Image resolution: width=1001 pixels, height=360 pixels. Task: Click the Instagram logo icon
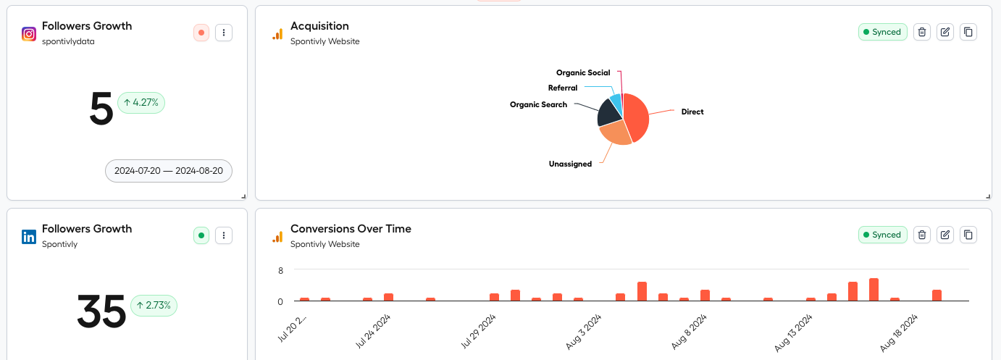coord(29,33)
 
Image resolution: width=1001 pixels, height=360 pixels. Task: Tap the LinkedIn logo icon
coord(29,236)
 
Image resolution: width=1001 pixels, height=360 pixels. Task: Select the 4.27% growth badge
coord(141,103)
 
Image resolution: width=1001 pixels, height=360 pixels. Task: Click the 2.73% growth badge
coord(154,306)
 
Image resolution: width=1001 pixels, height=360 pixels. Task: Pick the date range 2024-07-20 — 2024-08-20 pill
coord(169,171)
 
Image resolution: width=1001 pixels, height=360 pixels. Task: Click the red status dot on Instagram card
coord(201,33)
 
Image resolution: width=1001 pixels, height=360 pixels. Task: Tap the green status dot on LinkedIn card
coord(201,235)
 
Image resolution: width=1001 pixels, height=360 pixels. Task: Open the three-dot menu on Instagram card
coord(224,33)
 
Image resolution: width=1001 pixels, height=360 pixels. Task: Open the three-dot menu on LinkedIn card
coord(224,235)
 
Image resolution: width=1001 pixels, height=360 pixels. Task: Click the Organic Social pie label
coord(583,72)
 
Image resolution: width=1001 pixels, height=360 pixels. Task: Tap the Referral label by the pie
coord(563,88)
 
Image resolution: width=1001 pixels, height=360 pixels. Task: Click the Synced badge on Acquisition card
coord(882,32)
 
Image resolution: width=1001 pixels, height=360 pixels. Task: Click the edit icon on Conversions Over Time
coord(945,235)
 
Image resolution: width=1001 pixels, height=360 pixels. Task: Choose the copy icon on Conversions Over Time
coord(968,235)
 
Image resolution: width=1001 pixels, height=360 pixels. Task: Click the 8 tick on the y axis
coord(280,270)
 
